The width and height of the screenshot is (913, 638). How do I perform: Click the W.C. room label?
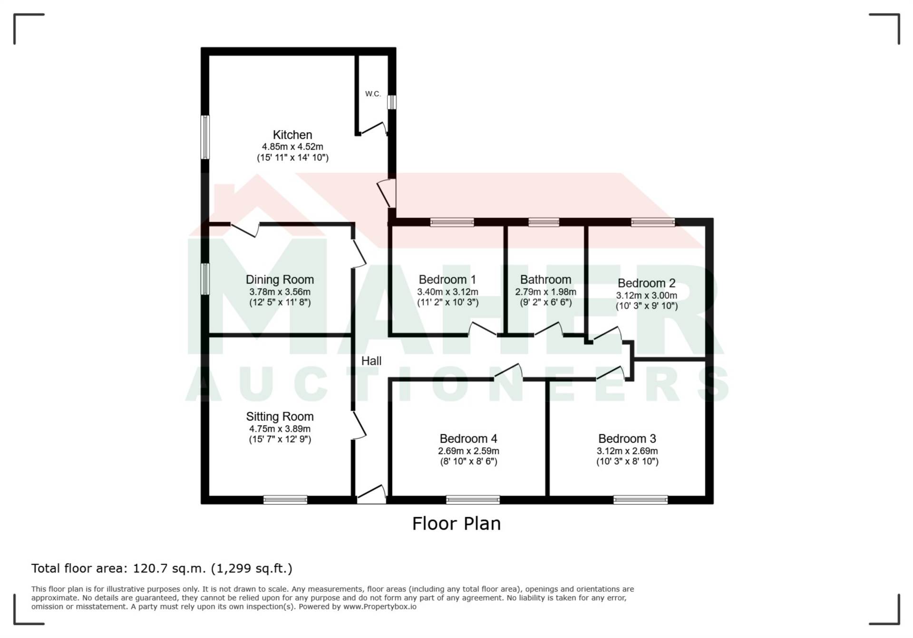(373, 94)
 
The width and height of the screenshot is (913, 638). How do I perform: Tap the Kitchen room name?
(292, 135)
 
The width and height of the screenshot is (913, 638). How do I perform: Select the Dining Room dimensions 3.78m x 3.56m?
(280, 292)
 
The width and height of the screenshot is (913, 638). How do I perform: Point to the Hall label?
(371, 361)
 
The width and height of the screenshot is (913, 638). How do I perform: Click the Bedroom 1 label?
(447, 280)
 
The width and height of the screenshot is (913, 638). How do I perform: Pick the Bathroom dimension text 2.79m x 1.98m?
(546, 292)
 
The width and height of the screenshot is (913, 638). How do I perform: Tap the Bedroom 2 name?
(647, 283)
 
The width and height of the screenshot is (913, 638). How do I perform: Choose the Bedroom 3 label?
(627, 438)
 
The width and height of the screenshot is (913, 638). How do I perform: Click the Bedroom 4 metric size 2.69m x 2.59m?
(469, 451)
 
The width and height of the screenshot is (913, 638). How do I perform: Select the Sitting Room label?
(280, 417)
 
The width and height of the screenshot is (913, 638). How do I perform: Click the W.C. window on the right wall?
(392, 102)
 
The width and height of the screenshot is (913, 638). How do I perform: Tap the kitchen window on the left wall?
(205, 137)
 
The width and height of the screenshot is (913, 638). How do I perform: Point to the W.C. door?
(373, 129)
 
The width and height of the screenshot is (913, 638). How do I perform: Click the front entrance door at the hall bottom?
(371, 494)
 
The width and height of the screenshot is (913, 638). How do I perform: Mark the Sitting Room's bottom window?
(285, 500)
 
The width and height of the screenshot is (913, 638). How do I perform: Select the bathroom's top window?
(544, 222)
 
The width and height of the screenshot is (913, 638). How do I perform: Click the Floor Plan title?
(456, 524)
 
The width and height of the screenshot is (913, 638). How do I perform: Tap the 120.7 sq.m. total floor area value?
(169, 568)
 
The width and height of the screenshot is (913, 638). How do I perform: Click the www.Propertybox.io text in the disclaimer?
(380, 607)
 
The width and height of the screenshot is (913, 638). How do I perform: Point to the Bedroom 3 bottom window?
(641, 500)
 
